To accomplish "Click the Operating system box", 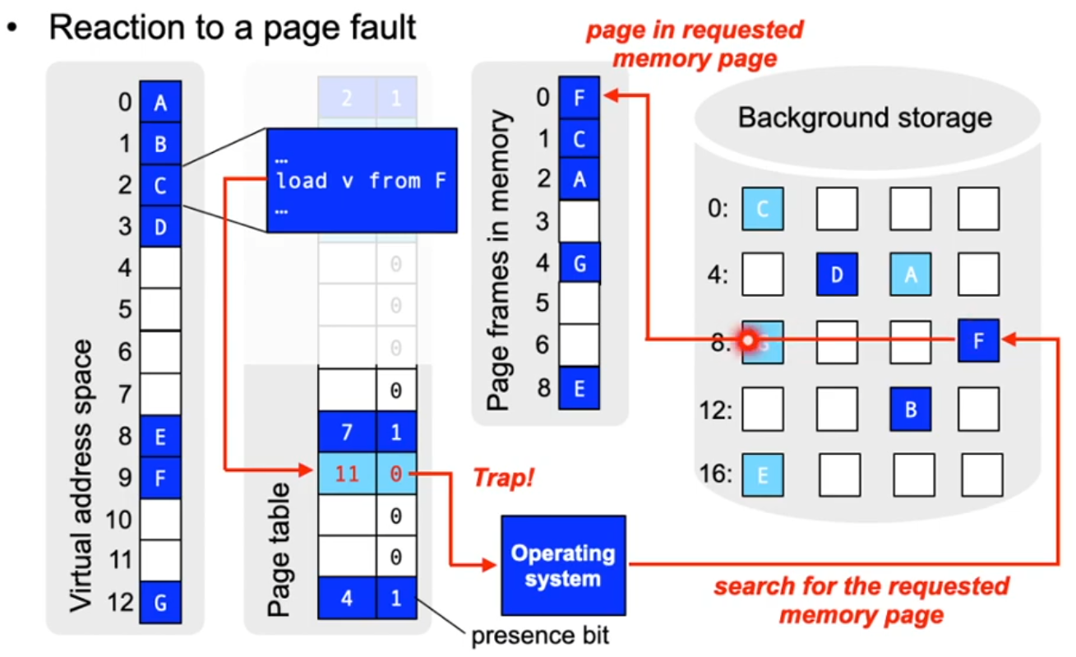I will click(x=563, y=567).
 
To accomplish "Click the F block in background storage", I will click(x=978, y=340).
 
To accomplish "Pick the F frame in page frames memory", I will click(x=579, y=98).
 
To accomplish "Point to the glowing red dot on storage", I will click(x=748, y=340).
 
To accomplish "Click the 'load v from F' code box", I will click(x=362, y=180).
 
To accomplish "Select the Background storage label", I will click(x=865, y=118).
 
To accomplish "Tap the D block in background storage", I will click(x=837, y=274).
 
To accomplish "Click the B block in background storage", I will click(x=910, y=409).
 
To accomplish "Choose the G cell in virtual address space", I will click(x=160, y=603).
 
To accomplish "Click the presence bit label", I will click(x=540, y=636).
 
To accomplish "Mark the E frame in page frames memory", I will click(x=579, y=388).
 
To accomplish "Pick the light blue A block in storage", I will click(x=910, y=274).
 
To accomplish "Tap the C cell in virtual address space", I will click(x=160, y=186).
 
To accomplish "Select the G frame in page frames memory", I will click(x=580, y=263).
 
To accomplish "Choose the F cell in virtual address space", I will click(x=160, y=475).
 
